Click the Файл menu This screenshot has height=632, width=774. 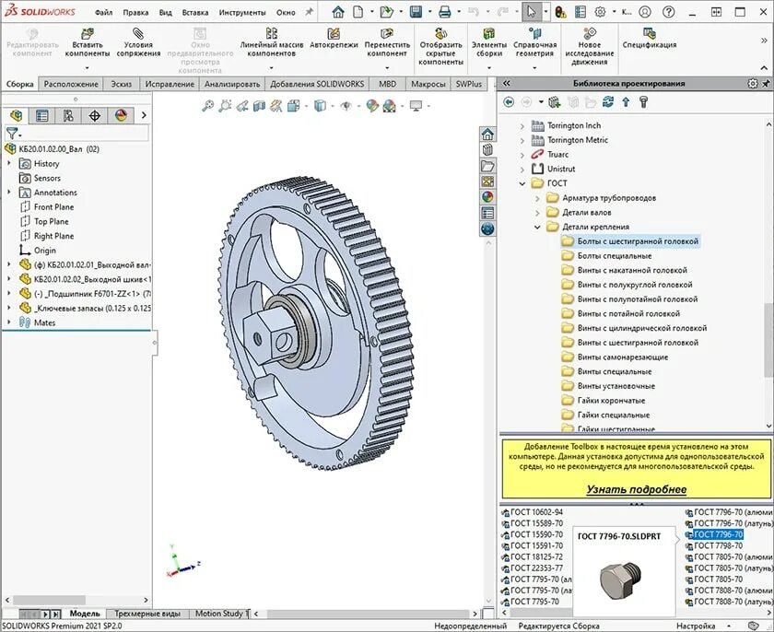pyautogui.click(x=103, y=13)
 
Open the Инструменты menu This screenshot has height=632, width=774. pyautogui.click(x=243, y=13)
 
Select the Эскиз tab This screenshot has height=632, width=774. pyautogui.click(x=121, y=84)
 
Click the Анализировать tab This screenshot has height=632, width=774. pyautogui.click(x=232, y=84)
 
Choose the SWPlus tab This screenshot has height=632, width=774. pyautogui.click(x=468, y=84)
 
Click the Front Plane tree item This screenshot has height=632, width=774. pyautogui.click(x=53, y=207)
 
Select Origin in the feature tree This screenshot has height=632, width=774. pyautogui.click(x=44, y=251)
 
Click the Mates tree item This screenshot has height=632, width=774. pyautogui.click(x=44, y=322)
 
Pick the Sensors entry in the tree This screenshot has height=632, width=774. pyautogui.click(x=47, y=178)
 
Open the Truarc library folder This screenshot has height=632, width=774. pyautogui.click(x=557, y=155)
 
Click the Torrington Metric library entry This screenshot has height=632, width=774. pyautogui.click(x=578, y=140)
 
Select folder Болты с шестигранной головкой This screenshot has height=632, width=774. pyautogui.click(x=638, y=241)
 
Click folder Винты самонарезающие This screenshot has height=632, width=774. pyautogui.click(x=623, y=357)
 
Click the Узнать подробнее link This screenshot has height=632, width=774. pyautogui.click(x=636, y=489)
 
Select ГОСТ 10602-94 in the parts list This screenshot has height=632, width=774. pyautogui.click(x=536, y=512)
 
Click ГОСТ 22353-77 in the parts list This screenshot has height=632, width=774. pyautogui.click(x=536, y=568)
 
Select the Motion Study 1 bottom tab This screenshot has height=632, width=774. pyautogui.click(x=219, y=614)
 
